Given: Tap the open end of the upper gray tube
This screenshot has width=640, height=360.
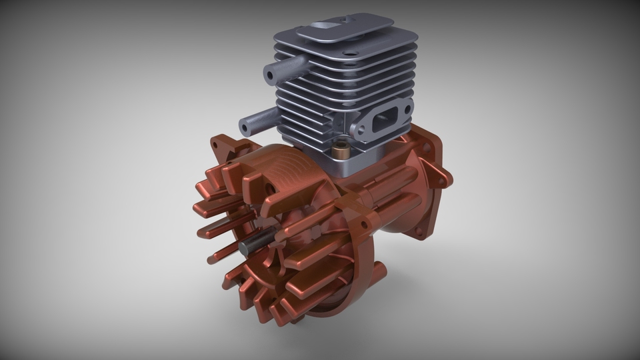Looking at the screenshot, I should coord(271,75).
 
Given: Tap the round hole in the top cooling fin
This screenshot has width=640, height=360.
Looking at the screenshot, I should coord(349,52).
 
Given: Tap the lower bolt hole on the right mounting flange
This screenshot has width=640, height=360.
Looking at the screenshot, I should coord(419,233).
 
